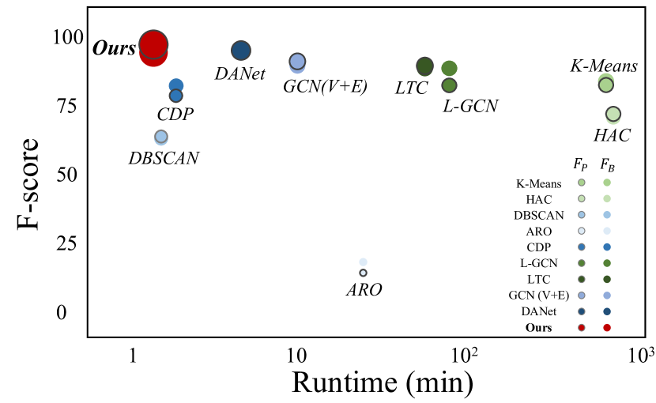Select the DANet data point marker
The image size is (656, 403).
pyautogui.click(x=241, y=51)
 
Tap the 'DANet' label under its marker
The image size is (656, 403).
pyautogui.click(x=239, y=74)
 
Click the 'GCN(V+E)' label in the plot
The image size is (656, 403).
pyautogui.click(x=325, y=85)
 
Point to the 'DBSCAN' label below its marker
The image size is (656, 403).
pyautogui.click(x=164, y=158)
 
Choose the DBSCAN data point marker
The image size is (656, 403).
pyautogui.click(x=161, y=137)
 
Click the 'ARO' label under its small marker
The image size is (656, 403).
pyautogui.click(x=364, y=289)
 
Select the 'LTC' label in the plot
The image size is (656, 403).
pyautogui.click(x=412, y=87)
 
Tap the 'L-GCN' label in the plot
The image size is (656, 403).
pyautogui.click(x=471, y=104)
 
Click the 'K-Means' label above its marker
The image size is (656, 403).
pyautogui.click(x=604, y=66)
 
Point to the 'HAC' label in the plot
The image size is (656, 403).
pyautogui.click(x=612, y=135)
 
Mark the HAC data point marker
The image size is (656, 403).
pyautogui.click(x=613, y=115)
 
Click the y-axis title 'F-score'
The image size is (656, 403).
pyautogui.click(x=29, y=184)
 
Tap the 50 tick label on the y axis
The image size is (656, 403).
pyautogui.click(x=66, y=174)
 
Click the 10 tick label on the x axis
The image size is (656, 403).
pyautogui.click(x=296, y=352)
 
